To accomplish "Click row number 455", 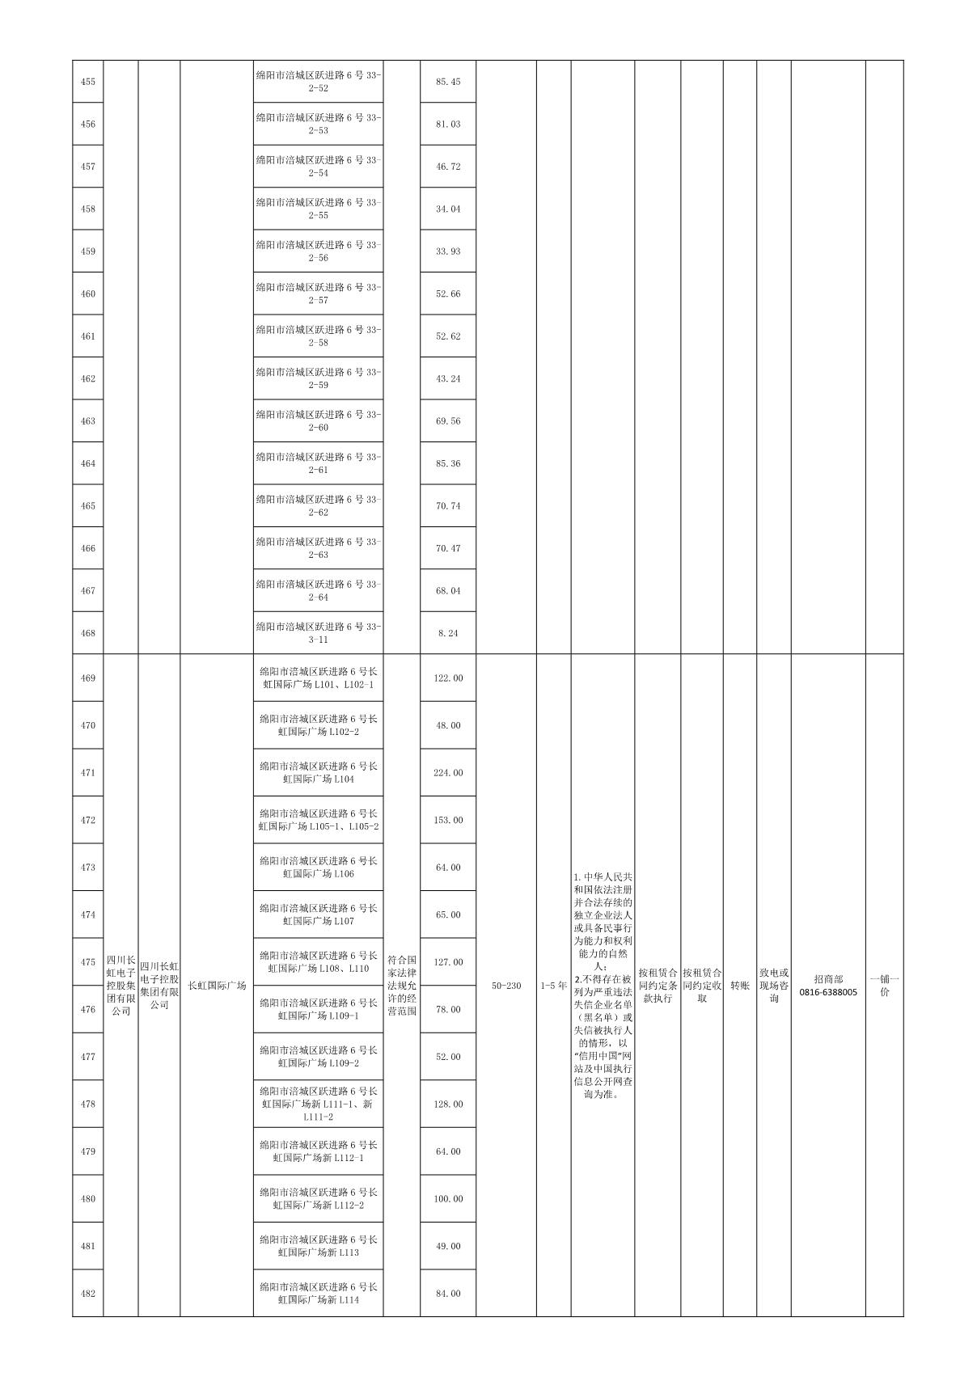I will (x=88, y=82).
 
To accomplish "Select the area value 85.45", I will (x=447, y=82).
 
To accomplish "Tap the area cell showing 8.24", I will (x=447, y=633).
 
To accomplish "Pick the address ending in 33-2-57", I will (x=318, y=294).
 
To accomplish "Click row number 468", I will (x=88, y=633).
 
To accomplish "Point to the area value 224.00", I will (x=447, y=773).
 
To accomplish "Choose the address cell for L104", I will (x=318, y=773).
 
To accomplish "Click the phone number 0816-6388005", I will (x=827, y=986).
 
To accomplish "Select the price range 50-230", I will (x=506, y=986).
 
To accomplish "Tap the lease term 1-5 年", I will (x=553, y=986).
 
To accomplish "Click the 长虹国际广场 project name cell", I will (x=216, y=986).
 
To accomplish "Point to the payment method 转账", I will (x=739, y=986).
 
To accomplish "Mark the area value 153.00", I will (x=447, y=820).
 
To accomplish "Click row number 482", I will (x=88, y=1294).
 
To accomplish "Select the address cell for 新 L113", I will (x=318, y=1246).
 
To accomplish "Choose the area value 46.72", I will (x=447, y=167).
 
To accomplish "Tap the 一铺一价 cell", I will (x=884, y=986).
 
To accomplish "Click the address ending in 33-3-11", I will (x=318, y=633).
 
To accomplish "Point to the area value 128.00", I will (x=447, y=1104).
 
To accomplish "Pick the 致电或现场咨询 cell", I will (x=773, y=986).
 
